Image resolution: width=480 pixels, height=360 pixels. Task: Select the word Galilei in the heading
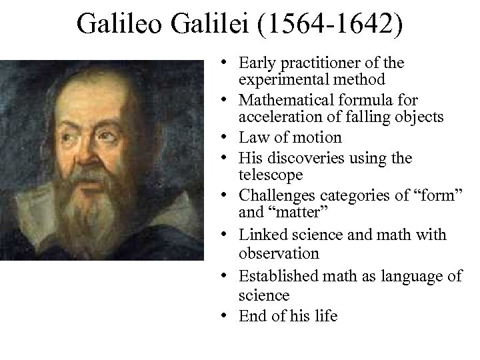[x=214, y=25]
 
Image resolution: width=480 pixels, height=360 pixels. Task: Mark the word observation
[x=281, y=253]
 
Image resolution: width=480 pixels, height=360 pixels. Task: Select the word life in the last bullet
[x=325, y=315]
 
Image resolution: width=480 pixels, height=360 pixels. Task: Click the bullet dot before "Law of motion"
[x=229, y=139]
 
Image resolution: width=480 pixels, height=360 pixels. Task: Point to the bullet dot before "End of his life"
[x=229, y=315]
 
